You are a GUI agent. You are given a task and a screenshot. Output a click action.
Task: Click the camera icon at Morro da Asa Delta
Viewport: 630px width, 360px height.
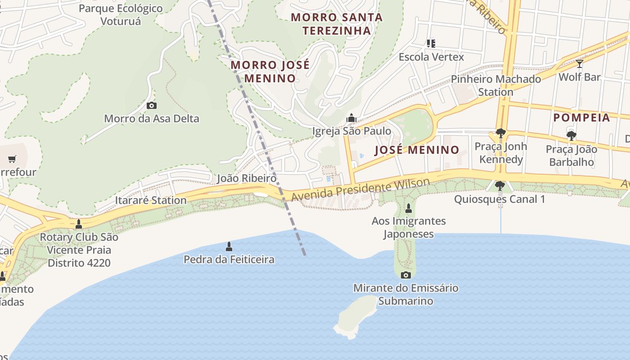point(152,105)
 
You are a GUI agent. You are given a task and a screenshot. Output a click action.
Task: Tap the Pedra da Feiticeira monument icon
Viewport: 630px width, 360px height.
point(229,246)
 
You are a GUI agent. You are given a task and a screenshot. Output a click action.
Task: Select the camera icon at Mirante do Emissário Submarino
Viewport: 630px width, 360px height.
point(406,275)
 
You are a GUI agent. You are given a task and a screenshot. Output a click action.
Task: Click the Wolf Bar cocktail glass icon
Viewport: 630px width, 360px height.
point(580,64)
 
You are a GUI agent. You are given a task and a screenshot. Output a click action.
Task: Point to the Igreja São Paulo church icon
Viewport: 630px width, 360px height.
point(351,118)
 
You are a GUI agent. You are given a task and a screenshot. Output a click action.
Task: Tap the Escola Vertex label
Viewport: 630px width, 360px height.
point(431,57)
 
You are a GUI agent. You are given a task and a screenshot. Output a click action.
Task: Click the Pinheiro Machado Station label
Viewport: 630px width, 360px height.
point(496,85)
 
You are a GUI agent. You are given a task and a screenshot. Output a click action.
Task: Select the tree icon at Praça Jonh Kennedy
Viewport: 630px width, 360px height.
point(500,133)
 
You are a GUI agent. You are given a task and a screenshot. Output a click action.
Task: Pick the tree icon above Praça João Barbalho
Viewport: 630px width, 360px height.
point(571,135)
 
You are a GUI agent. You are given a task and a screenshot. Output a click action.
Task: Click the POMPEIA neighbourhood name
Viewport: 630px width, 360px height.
point(581,118)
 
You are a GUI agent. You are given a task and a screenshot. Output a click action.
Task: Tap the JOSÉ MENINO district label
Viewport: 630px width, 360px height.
point(417,150)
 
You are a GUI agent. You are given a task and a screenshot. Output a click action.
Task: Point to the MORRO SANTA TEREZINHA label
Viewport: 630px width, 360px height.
point(337,24)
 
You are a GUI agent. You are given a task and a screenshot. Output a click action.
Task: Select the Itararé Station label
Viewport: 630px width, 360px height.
point(151,200)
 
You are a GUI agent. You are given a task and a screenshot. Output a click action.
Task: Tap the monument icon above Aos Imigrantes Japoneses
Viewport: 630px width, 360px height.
point(409,208)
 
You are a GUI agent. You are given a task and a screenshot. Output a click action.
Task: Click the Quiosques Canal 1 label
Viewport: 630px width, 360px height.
point(499,199)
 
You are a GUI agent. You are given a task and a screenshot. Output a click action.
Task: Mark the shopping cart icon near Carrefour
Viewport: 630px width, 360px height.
point(12,159)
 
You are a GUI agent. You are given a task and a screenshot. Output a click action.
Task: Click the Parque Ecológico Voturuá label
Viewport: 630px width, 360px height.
point(121,14)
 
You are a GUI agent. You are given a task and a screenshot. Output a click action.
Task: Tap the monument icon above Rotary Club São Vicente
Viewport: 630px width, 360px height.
point(79,224)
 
